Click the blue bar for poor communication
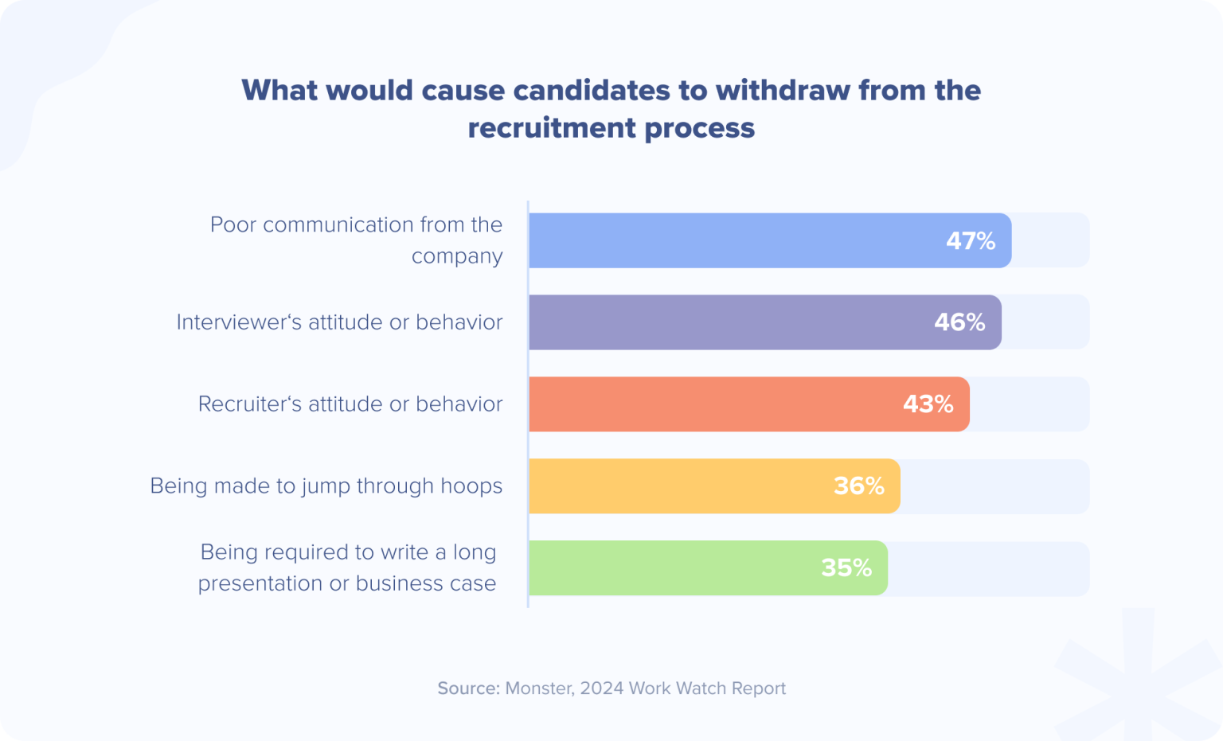[733, 240]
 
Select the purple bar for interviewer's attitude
[725, 322]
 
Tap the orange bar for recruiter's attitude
[709, 404]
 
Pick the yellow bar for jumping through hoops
[677, 486]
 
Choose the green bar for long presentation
[669, 568]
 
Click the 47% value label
[971, 240]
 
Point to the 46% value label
[959, 322]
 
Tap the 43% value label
[928, 404]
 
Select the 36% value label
[858, 486]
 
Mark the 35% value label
[846, 568]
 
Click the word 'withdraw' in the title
[783, 91]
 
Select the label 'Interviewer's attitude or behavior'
[339, 322]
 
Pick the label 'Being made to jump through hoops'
[326, 486]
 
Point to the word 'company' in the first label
[457, 257]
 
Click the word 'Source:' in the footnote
[468, 688]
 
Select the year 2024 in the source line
[602, 688]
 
